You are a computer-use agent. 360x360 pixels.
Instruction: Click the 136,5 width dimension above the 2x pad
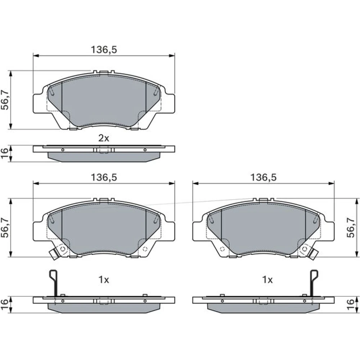(x=104, y=50)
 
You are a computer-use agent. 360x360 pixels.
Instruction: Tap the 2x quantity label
(x=104, y=138)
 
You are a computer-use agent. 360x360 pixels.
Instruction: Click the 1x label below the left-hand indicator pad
(x=104, y=280)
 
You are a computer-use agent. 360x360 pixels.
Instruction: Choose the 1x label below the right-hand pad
(x=267, y=280)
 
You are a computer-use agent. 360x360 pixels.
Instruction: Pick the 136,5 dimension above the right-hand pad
(x=263, y=177)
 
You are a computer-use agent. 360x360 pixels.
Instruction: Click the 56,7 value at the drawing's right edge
(x=351, y=228)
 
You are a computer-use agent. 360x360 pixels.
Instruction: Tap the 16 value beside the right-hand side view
(x=351, y=305)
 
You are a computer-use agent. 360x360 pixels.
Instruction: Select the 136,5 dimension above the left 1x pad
(x=104, y=177)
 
